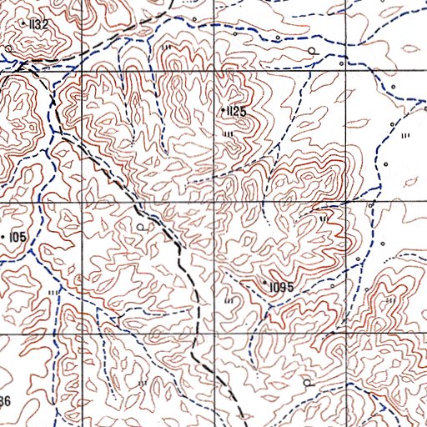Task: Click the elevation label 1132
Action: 38,25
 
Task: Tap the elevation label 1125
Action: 236,111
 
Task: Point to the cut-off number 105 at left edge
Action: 18,238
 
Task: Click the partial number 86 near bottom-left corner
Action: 5,403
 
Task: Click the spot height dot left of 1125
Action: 222,110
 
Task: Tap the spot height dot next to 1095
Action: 265,285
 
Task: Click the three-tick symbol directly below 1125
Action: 228,133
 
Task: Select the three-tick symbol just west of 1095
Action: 229,299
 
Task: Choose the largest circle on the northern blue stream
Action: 312,51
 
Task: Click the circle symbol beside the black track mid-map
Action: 141,226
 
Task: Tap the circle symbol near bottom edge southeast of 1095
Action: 307,382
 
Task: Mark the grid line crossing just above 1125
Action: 215,73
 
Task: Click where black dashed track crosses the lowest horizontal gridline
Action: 193,335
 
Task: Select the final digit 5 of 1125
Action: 245,111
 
